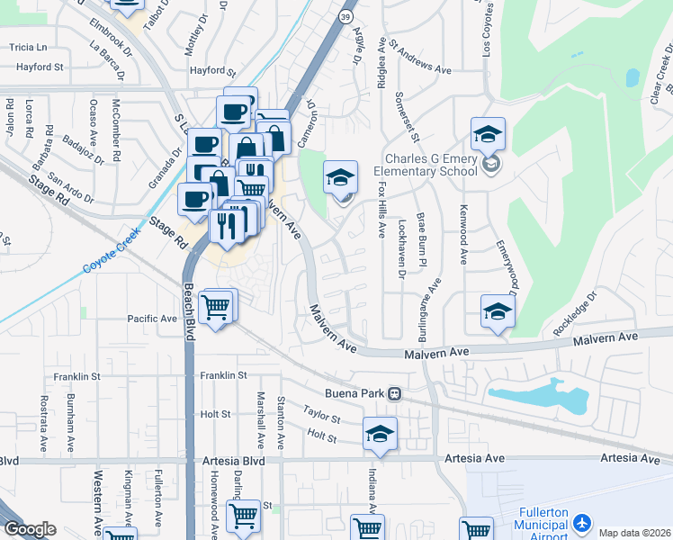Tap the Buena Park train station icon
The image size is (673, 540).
(394, 393)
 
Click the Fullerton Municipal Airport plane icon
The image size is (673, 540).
(582, 522)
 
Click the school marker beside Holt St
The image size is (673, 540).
(380, 435)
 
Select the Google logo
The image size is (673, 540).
(29, 529)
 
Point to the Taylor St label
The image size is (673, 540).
(321, 413)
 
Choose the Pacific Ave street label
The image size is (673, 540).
(152, 319)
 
